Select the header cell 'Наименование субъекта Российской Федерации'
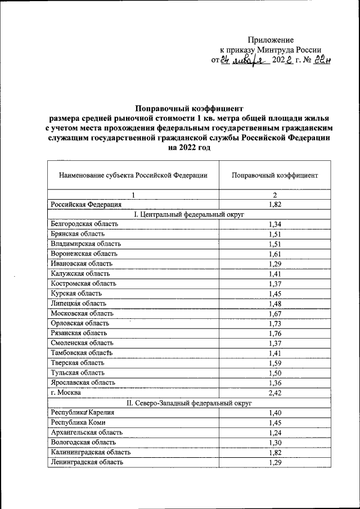point(133,175)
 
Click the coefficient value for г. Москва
point(275,392)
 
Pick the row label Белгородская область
point(84,224)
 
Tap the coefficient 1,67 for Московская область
point(275,313)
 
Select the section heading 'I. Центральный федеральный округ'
point(188,214)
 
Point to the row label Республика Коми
point(78,422)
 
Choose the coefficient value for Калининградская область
point(275,452)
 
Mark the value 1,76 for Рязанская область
point(275,333)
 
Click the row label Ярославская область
point(83,382)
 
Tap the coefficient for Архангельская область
point(275,432)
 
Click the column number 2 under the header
point(275,195)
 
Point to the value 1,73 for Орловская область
point(275,323)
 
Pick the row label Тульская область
point(77,372)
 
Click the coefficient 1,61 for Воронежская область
point(275,254)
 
